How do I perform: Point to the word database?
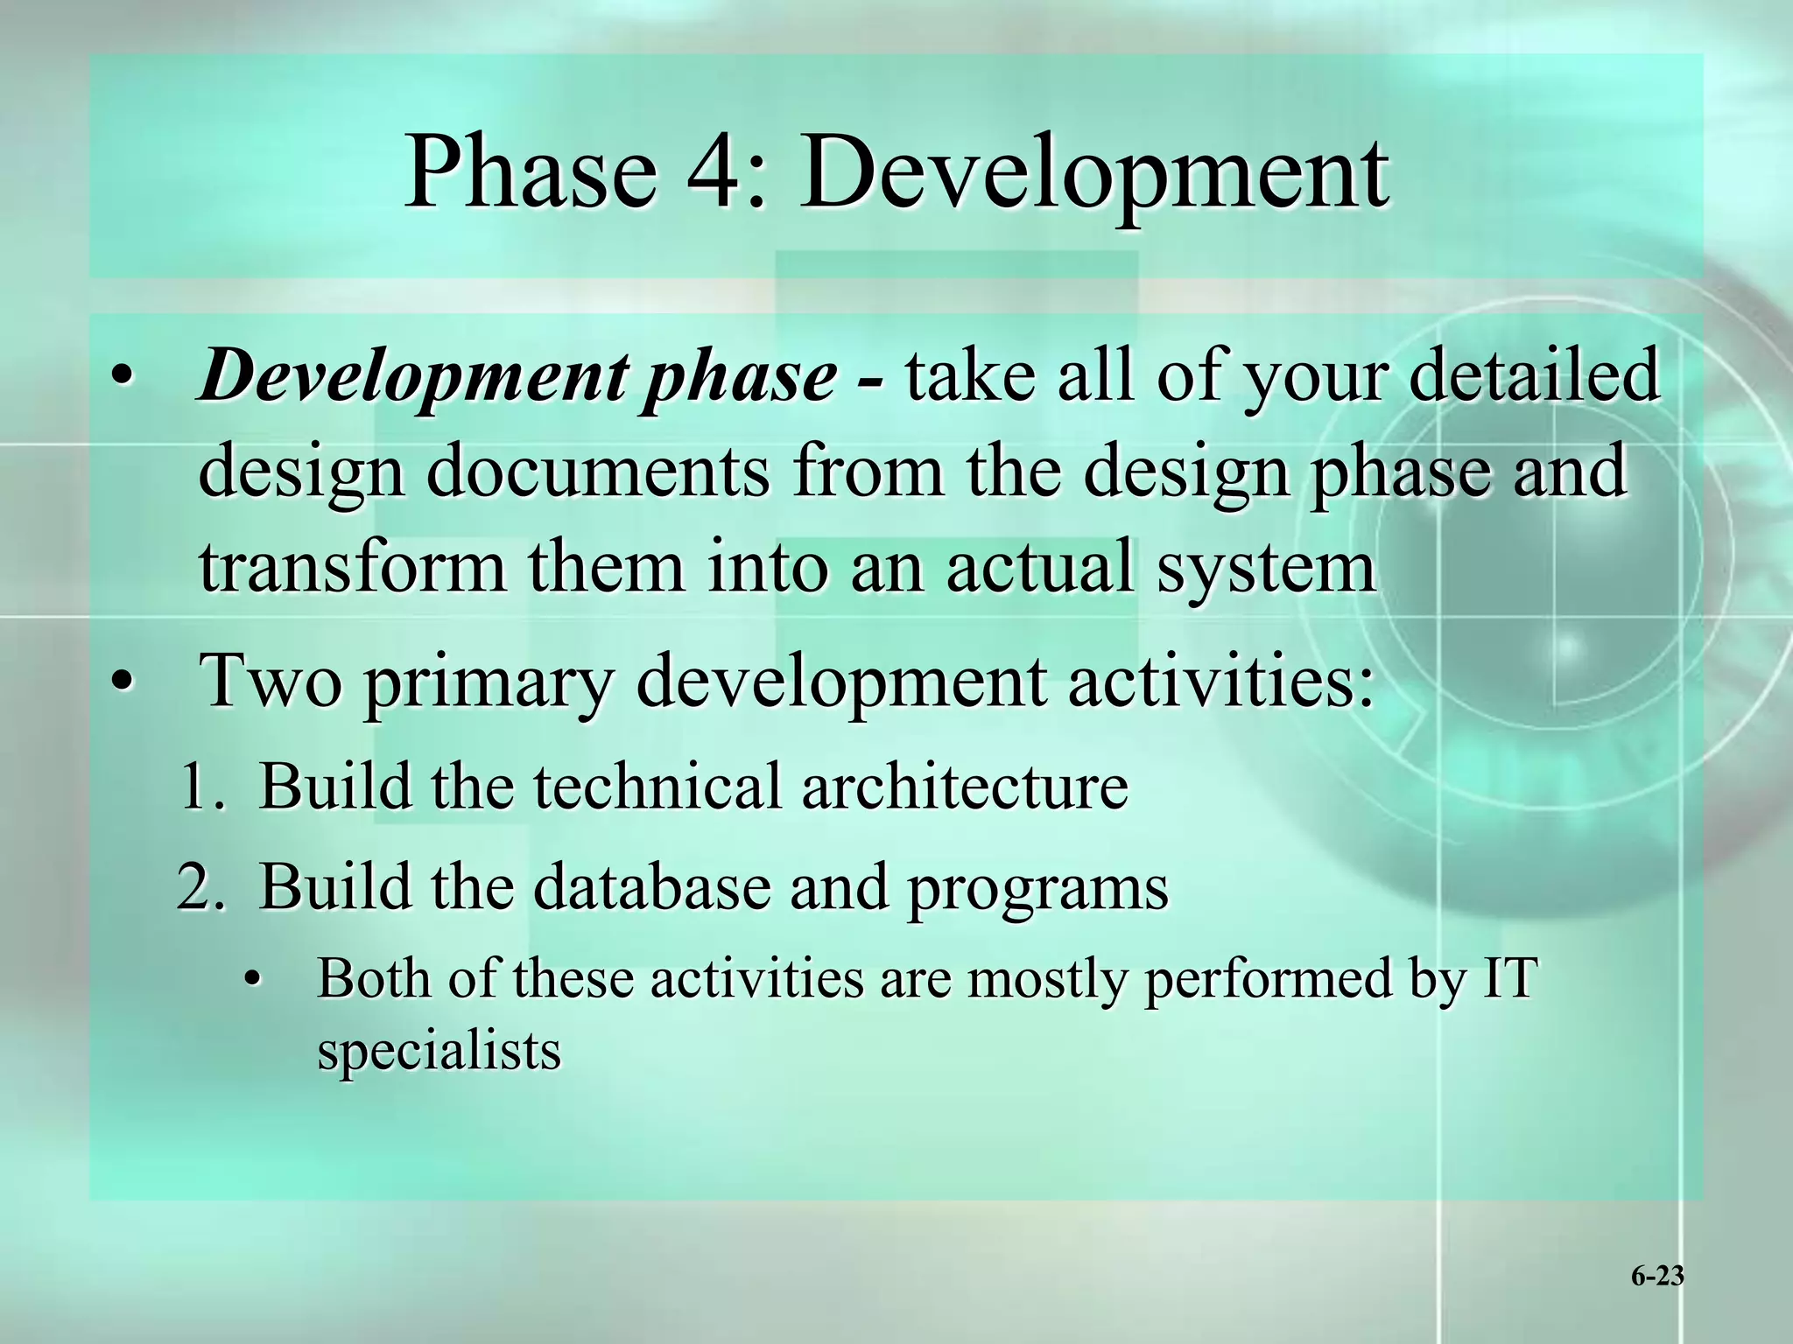pos(652,885)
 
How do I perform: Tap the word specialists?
pos(439,1051)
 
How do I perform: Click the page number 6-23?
pos(1657,1277)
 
